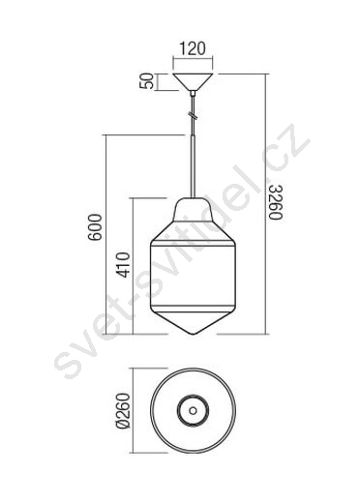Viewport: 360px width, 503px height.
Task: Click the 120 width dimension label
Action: click(193, 48)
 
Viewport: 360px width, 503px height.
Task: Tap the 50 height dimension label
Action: click(146, 81)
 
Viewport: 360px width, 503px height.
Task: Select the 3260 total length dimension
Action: click(276, 202)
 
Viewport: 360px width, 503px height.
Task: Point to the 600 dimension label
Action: click(96, 226)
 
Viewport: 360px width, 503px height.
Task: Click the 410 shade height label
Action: click(123, 265)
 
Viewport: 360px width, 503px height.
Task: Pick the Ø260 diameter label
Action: click(123, 410)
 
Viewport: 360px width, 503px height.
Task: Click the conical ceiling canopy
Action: click(193, 82)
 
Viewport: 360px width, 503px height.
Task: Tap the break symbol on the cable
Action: click(193, 114)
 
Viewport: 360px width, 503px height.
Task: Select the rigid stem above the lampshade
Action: click(193, 166)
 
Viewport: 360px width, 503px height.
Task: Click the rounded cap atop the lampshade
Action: click(193, 210)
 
